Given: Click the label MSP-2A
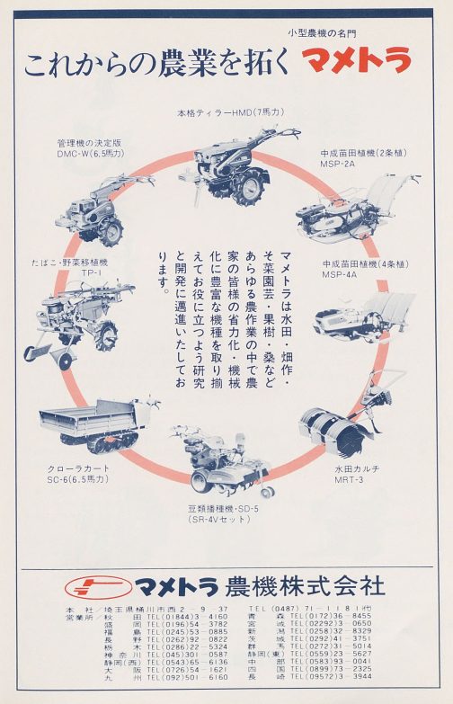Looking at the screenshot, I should click(x=339, y=165).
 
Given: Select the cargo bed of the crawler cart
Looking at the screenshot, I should click(x=85, y=420).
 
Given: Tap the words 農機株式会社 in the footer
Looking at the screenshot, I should click(x=306, y=587).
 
